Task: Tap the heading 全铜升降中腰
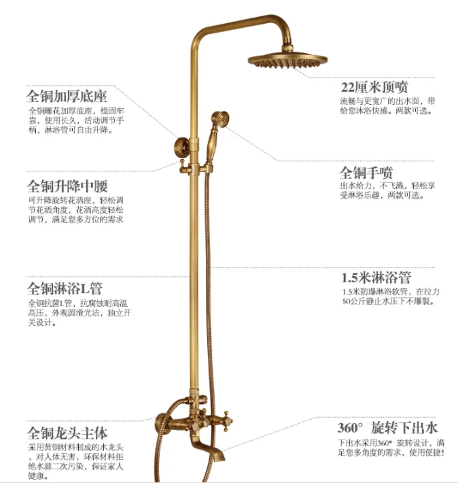(x=67, y=186)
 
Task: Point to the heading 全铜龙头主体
(x=67, y=433)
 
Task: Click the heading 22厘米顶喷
(x=374, y=88)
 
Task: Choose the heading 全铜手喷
(x=366, y=172)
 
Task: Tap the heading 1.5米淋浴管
(x=376, y=278)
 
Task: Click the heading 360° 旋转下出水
(x=387, y=428)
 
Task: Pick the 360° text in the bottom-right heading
(x=351, y=429)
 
